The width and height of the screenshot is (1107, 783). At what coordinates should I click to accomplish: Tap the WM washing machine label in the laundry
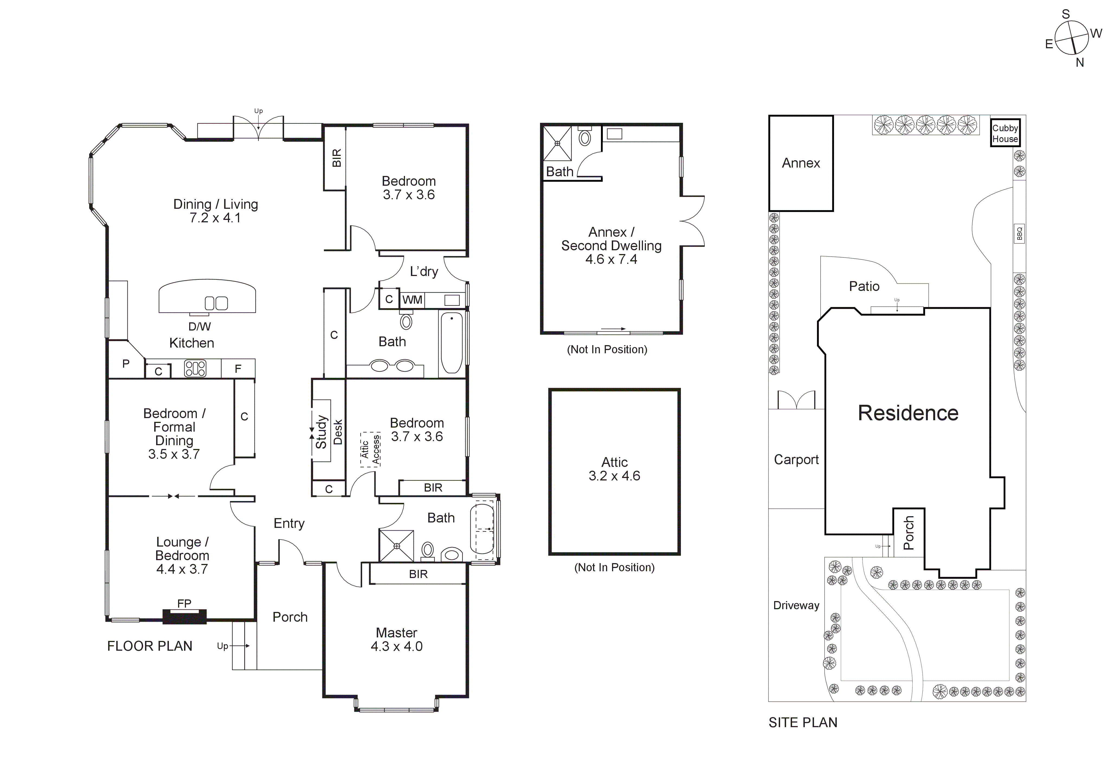(x=412, y=300)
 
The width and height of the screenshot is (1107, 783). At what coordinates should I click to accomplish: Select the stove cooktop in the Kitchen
(x=195, y=369)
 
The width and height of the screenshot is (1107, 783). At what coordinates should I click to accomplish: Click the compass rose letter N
(x=1080, y=63)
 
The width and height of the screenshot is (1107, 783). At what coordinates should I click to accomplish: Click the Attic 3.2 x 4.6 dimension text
(x=614, y=476)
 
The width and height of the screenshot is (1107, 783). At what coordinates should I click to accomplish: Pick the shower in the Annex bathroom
(x=557, y=143)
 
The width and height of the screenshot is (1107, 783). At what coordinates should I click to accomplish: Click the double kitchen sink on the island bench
(x=216, y=303)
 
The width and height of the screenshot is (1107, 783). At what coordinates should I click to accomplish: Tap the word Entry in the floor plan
(x=289, y=524)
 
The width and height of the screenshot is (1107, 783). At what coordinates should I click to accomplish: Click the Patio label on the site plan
(x=864, y=286)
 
